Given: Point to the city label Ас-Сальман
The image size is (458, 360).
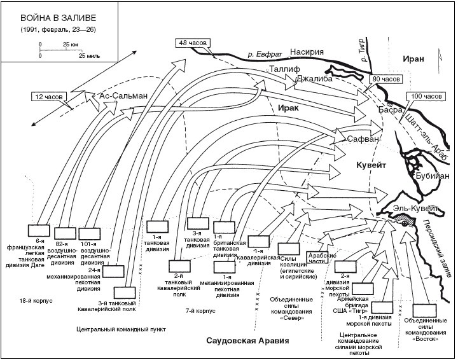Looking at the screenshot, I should (125, 96).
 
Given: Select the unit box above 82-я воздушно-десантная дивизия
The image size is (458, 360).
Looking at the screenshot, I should (64, 233).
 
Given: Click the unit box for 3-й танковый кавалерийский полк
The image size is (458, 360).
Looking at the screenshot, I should (125, 292).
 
